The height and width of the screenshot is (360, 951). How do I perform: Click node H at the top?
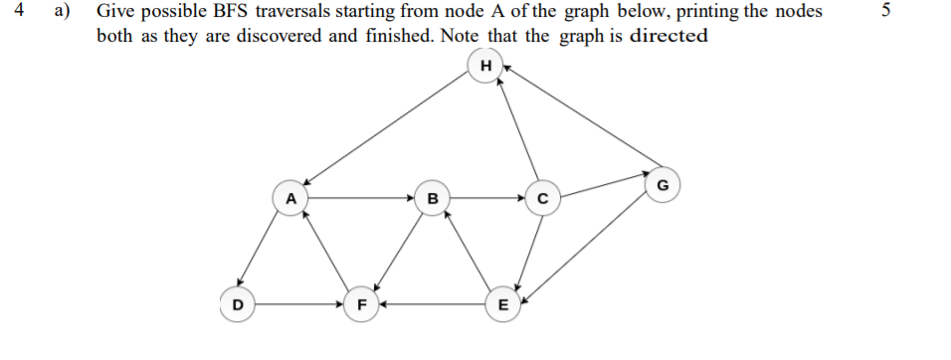point(485,66)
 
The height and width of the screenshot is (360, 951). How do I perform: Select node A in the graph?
point(290,197)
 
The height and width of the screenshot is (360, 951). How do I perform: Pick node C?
point(542,197)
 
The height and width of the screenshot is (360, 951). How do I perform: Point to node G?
point(664,185)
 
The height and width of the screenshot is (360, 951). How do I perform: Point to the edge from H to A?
point(388,131)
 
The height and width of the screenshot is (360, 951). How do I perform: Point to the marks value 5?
point(872,13)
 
